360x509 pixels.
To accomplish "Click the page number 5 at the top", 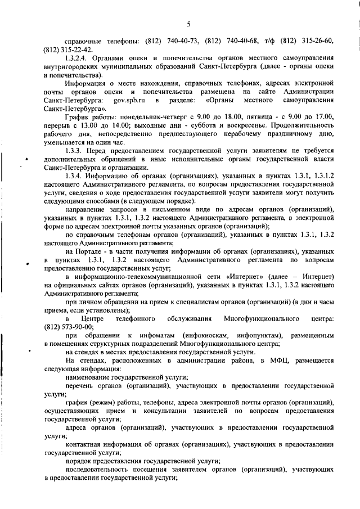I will point(189,23).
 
